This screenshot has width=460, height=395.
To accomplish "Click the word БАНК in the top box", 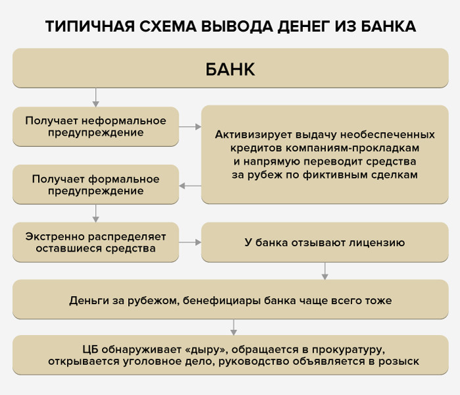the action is click(230, 69).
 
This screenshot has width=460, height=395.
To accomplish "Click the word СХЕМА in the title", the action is click(168, 26).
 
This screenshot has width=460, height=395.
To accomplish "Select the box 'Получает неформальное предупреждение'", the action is click(96, 126).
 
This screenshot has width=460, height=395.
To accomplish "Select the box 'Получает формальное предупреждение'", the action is click(96, 184).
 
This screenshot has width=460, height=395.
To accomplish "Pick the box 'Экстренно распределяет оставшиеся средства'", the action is click(96, 242).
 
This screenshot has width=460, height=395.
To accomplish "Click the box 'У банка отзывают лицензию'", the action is click(325, 242).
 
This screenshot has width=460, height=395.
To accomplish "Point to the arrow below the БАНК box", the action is click(96, 97).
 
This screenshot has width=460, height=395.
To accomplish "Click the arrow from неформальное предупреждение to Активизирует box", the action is click(190, 126).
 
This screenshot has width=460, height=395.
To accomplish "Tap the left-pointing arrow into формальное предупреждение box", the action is click(190, 186).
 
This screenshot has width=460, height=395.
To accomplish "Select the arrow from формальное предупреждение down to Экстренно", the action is click(96, 213).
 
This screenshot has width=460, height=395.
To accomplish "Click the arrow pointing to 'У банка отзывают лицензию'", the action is click(190, 242).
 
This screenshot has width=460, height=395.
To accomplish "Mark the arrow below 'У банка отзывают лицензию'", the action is click(325, 271).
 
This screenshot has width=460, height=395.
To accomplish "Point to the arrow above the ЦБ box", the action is click(233, 327).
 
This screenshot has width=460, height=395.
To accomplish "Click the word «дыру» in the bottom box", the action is click(206, 350).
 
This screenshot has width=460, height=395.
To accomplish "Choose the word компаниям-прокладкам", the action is click(352, 148).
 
